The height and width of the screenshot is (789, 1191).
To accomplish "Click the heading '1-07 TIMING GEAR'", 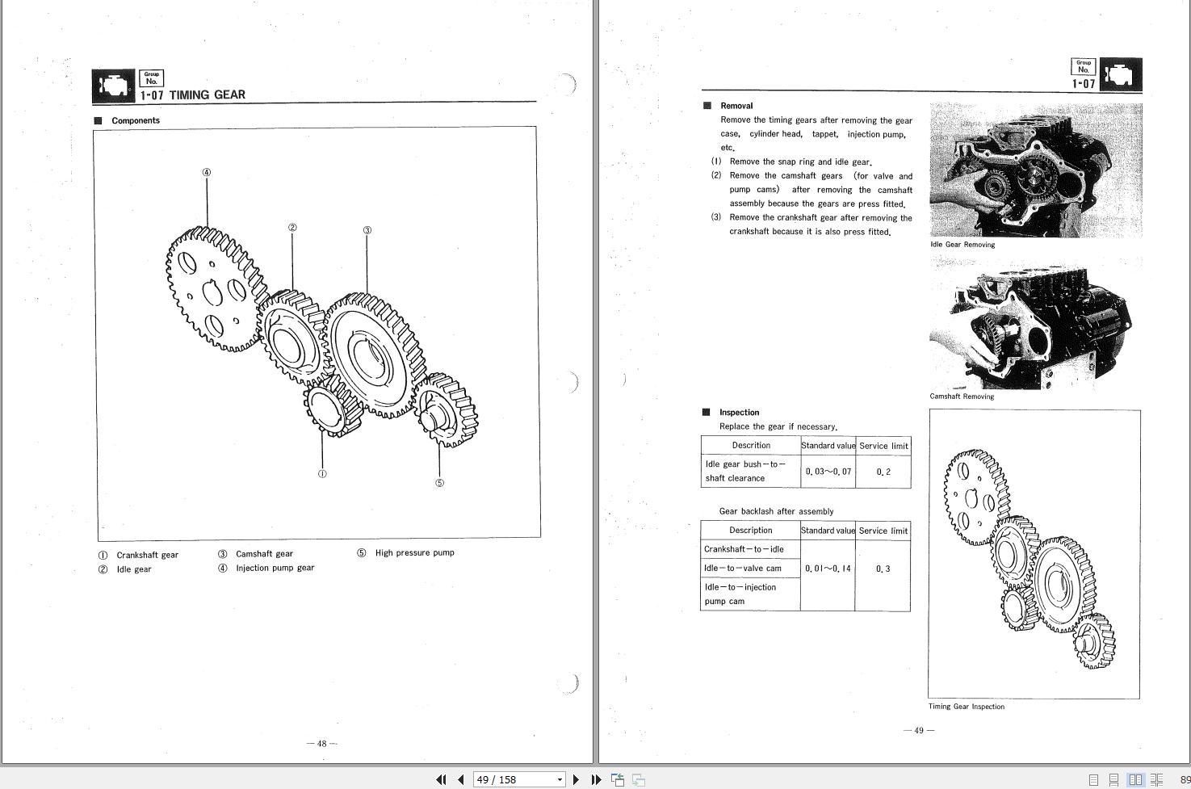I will pyautogui.click(x=192, y=94).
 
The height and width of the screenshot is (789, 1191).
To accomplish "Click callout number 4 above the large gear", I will pyautogui.click(x=207, y=172).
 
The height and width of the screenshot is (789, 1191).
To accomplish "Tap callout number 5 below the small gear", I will pyautogui.click(x=439, y=483).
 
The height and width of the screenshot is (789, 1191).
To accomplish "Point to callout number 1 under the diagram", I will pyautogui.click(x=322, y=474).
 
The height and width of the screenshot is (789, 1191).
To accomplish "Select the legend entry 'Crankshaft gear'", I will pyautogui.click(x=147, y=555).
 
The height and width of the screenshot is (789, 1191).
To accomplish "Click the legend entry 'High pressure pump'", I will pyautogui.click(x=414, y=552).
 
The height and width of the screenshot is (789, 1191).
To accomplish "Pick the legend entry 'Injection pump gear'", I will pyautogui.click(x=275, y=568).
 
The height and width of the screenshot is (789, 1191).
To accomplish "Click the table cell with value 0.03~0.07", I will pyautogui.click(x=828, y=471).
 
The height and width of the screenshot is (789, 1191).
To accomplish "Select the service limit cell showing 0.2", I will pyautogui.click(x=883, y=472).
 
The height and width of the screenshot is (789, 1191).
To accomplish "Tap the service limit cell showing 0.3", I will pyautogui.click(x=883, y=569).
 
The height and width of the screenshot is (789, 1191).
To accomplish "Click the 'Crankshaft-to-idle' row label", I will pyautogui.click(x=744, y=549).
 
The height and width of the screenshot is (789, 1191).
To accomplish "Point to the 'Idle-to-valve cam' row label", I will pyautogui.click(x=743, y=569).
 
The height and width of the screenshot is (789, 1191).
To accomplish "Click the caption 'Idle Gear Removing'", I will pyautogui.click(x=962, y=245).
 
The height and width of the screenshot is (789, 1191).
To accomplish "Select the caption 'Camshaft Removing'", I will pyautogui.click(x=962, y=397).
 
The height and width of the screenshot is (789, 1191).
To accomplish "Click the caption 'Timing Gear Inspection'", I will pyautogui.click(x=967, y=707).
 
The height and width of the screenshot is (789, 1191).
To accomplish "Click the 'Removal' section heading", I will pyautogui.click(x=736, y=106).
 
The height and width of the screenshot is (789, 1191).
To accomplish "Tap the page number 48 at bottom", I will pyautogui.click(x=321, y=744).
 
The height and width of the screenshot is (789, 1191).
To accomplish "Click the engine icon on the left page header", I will pyautogui.click(x=113, y=85).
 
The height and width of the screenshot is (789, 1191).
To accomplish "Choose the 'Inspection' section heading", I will pyautogui.click(x=739, y=412).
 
